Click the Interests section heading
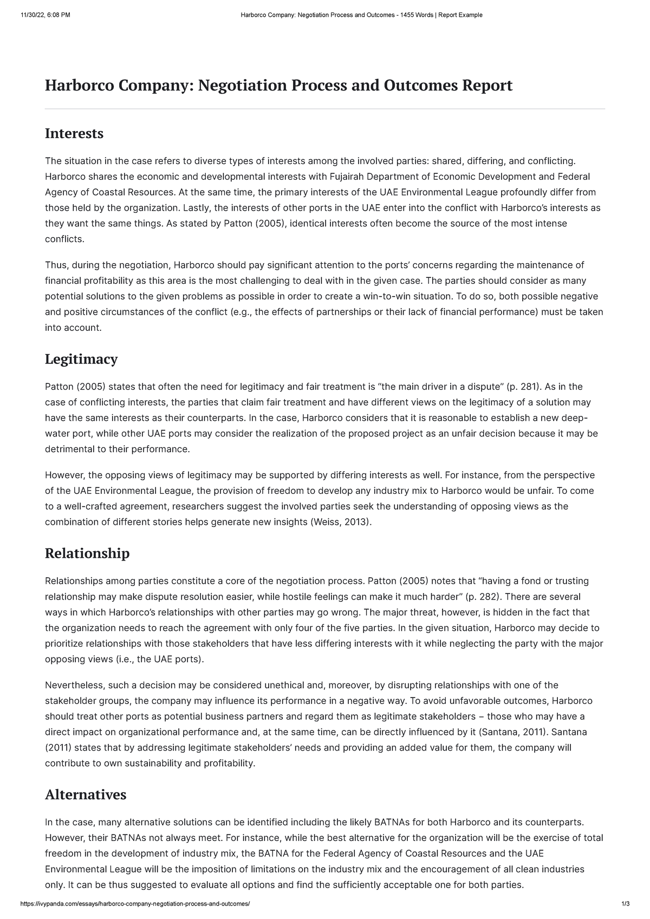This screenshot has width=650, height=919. [x=74, y=134]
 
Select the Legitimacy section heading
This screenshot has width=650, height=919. [x=81, y=359]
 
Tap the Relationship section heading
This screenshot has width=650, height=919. [x=87, y=553]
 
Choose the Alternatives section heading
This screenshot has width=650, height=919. [x=86, y=794]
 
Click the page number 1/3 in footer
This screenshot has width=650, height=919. [x=626, y=904]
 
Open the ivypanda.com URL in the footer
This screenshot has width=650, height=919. [x=135, y=904]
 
